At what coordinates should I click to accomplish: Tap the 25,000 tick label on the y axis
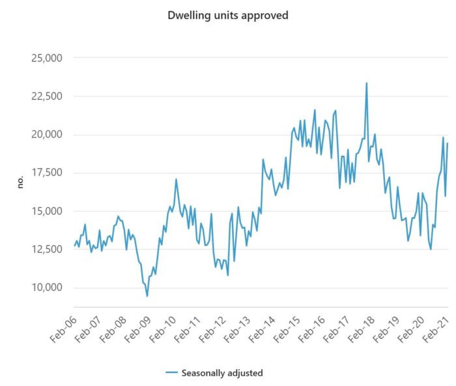tap(43, 58)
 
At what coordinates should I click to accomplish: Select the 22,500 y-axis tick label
tap(43, 96)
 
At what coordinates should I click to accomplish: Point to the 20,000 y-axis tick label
tap(43, 135)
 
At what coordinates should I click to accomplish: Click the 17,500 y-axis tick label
tap(43, 173)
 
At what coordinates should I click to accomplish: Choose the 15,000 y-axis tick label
tap(43, 211)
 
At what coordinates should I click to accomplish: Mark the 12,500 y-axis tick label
tap(43, 250)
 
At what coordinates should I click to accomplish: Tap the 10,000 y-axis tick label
tap(43, 288)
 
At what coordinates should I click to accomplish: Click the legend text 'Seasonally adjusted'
tap(223, 372)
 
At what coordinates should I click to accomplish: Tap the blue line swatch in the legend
tap(172, 372)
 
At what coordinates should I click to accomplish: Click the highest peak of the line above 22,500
tap(367, 83)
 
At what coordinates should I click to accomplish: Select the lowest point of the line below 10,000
tap(147, 296)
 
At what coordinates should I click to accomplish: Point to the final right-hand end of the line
tap(448, 143)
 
